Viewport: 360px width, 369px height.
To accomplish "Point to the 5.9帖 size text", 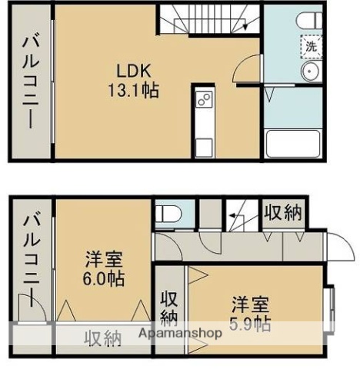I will [250, 323].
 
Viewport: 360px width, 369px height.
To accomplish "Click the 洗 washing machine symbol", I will [312, 45].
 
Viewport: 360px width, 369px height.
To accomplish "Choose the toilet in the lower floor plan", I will [167, 212].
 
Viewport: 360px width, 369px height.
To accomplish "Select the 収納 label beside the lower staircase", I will [283, 211].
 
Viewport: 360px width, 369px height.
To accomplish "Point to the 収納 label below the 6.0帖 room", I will [102, 337].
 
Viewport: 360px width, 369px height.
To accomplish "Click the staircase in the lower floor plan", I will [239, 217].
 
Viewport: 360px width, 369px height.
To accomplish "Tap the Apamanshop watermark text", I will [180, 334].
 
